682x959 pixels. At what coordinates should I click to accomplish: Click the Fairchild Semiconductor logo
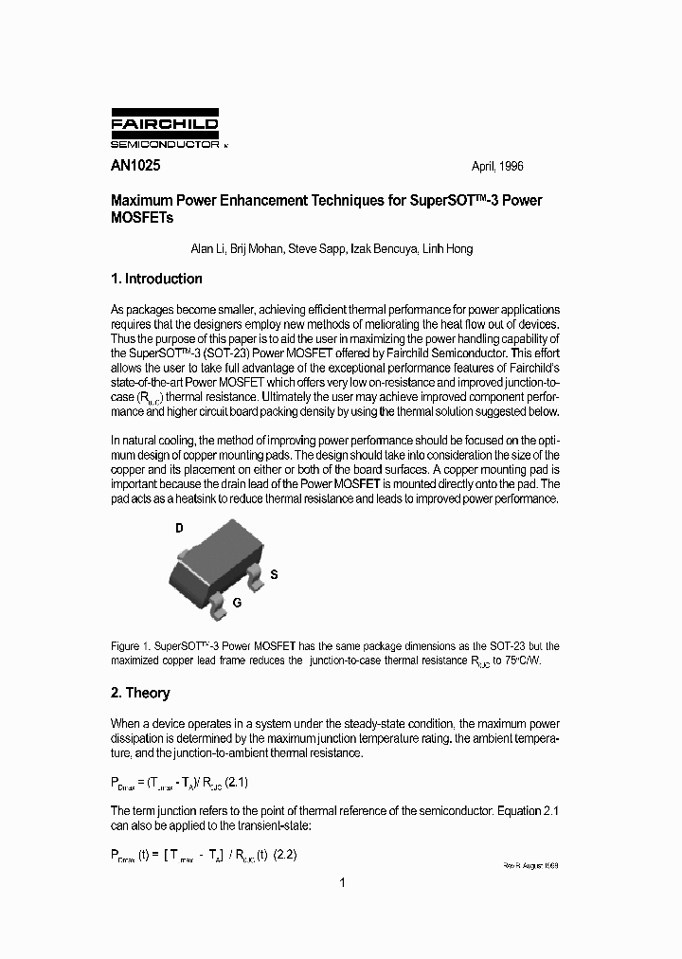point(165,131)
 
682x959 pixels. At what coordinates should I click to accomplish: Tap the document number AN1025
point(135,165)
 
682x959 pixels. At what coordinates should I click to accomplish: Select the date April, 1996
point(497,166)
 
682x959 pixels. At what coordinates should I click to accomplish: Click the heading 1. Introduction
point(156,279)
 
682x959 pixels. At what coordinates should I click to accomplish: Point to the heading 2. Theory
point(140,693)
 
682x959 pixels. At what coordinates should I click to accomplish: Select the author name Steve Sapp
point(315,249)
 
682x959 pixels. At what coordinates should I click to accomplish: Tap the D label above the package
point(179,529)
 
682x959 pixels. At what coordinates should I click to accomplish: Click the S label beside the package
point(274,574)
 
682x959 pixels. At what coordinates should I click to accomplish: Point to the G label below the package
point(237,602)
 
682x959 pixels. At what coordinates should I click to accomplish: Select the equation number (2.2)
point(285,854)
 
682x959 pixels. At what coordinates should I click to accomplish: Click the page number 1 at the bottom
point(342,883)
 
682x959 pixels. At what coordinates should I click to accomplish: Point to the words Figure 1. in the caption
point(131,645)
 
